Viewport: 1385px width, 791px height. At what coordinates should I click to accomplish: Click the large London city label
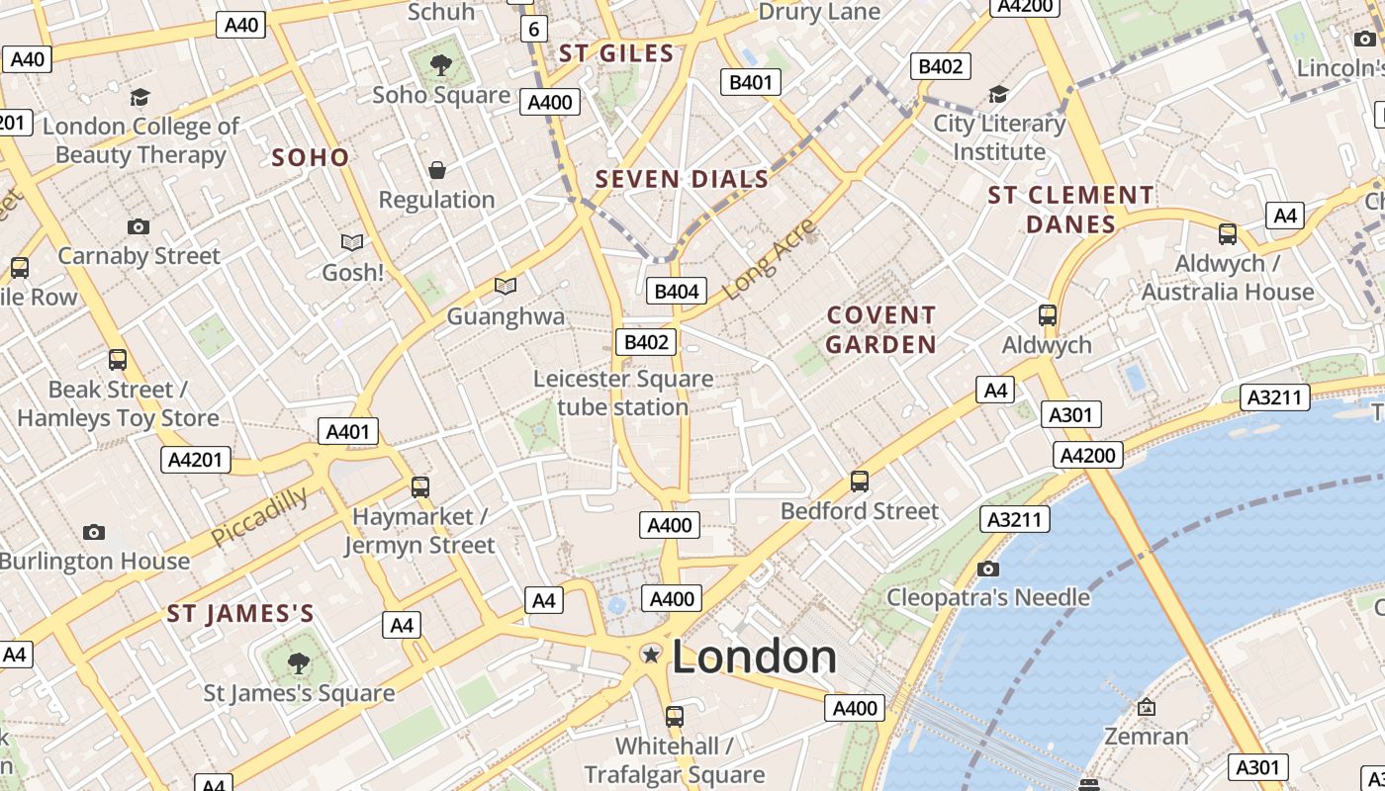point(754,657)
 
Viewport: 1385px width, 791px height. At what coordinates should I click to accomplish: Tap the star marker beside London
point(651,654)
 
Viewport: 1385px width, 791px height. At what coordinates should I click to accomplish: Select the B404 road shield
point(677,291)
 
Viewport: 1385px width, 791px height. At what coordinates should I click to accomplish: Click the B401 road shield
point(750,82)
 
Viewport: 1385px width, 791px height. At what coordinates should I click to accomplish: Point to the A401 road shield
point(347,431)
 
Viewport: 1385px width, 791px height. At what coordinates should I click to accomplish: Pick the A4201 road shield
point(196,460)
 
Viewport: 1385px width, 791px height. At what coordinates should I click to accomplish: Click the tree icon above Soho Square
point(441,66)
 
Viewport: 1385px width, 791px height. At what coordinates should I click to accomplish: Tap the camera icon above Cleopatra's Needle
point(987,569)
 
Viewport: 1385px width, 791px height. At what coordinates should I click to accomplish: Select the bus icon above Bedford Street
point(860,482)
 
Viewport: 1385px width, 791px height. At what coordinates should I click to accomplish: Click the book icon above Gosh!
point(352,242)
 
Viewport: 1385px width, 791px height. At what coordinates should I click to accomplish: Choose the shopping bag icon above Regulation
point(436,170)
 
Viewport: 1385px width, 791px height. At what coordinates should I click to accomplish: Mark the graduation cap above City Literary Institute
point(999,95)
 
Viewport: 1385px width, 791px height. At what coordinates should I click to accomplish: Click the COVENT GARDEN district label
point(880,329)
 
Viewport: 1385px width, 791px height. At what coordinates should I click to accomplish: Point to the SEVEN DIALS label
point(682,179)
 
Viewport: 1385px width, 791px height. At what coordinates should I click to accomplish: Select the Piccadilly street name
point(259,515)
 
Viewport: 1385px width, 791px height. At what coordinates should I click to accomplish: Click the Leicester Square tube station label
point(623,393)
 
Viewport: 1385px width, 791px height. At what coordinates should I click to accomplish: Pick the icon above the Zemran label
point(1146,707)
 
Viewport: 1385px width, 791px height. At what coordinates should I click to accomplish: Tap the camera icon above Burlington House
point(94,532)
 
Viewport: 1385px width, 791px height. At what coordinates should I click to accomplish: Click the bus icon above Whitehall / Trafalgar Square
point(675,716)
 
